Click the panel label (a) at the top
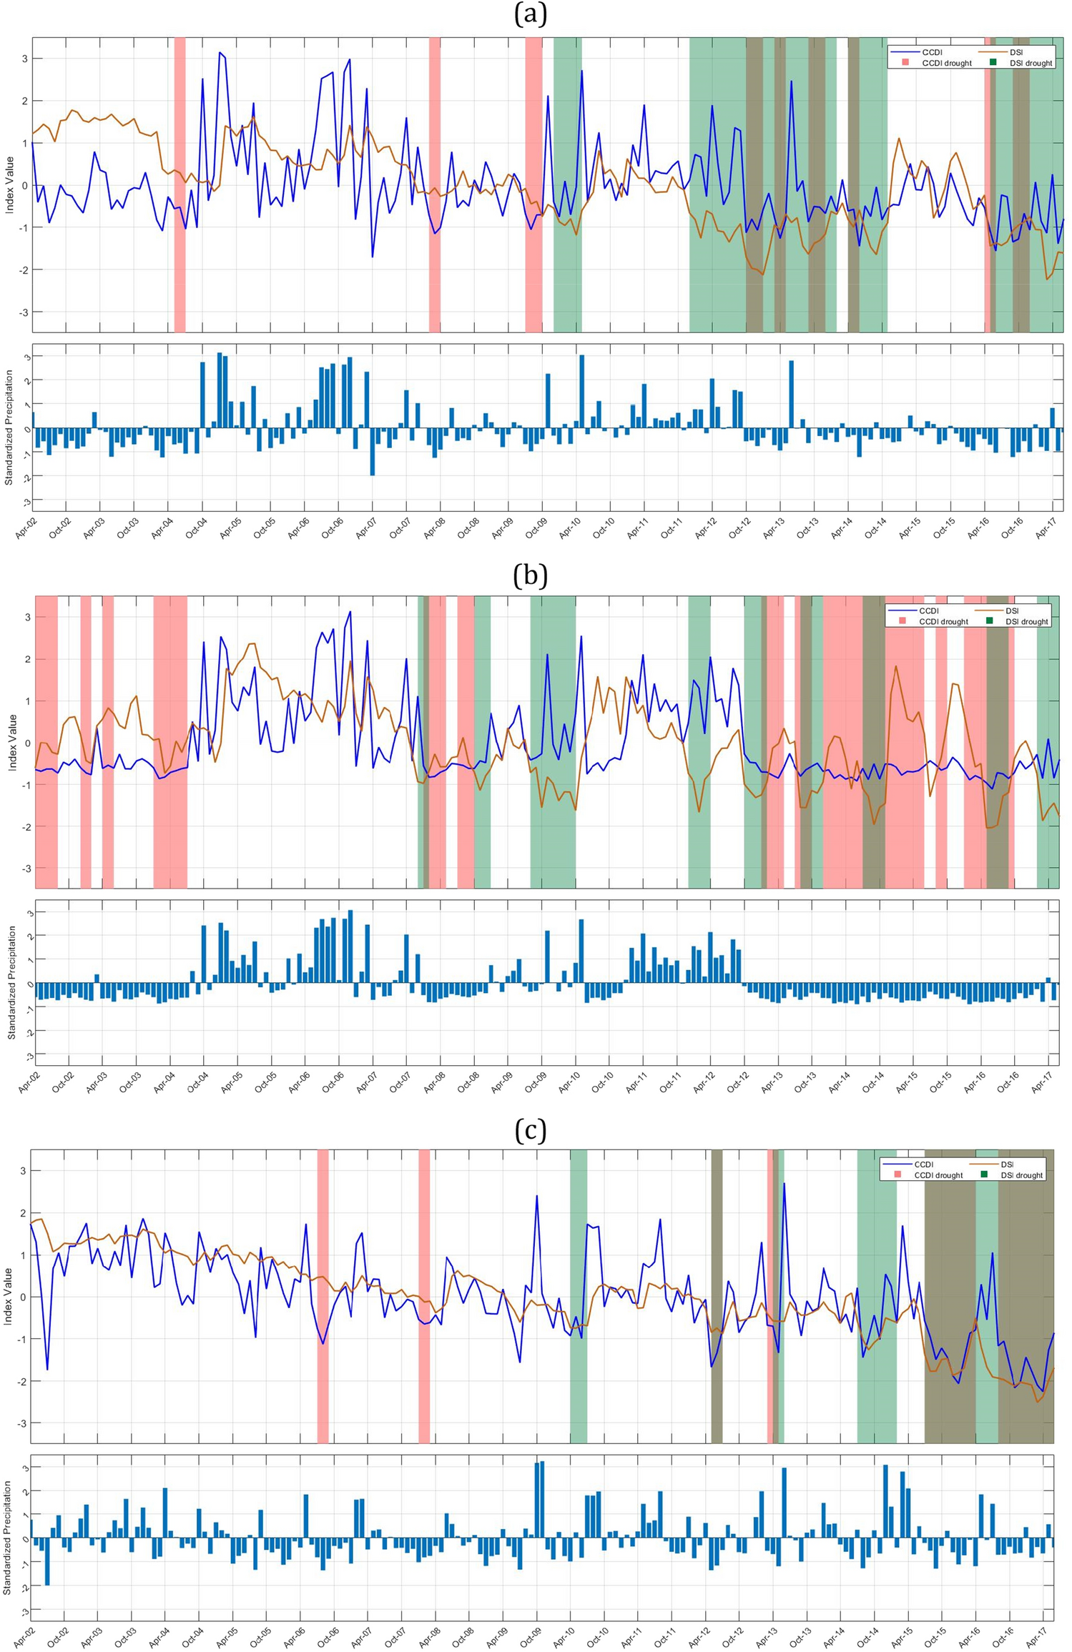(x=530, y=14)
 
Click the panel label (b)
(x=530, y=575)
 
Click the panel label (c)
(x=530, y=1130)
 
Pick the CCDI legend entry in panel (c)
(x=923, y=1164)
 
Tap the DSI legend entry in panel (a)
(x=1016, y=52)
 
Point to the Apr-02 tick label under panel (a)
(x=26, y=528)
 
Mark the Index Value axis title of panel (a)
(x=10, y=184)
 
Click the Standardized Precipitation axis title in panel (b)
(x=11, y=982)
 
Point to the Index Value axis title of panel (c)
(x=9, y=1296)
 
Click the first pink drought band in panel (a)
(x=180, y=184)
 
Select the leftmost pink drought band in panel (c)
(x=323, y=1296)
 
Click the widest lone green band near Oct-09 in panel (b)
(x=552, y=741)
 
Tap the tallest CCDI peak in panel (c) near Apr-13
(x=784, y=1183)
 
